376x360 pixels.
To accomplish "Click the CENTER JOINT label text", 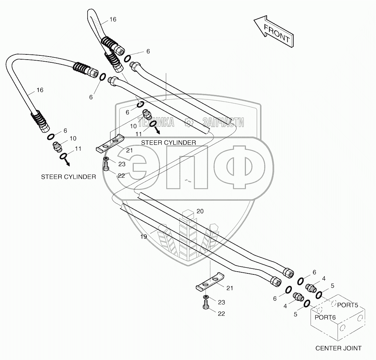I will coord(338,348).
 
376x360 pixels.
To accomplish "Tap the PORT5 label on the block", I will coord(347,305).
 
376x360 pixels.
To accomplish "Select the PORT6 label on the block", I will coord(325,317).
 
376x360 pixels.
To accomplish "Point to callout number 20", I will coord(200,211).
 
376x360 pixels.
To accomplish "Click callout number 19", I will coord(144,237).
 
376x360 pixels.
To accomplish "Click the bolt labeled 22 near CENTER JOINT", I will coord(205,307).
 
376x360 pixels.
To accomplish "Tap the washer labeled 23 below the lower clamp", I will coord(206,298).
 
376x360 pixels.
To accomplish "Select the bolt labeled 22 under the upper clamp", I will coord(106,168).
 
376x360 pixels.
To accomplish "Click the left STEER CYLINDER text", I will coord(69,177).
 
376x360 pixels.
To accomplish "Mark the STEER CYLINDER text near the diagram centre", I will coord(168,142).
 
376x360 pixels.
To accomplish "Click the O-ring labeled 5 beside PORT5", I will coord(319,294).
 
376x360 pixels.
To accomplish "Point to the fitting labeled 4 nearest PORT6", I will coord(297,297).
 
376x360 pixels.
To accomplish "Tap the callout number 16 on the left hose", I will coord(40,90).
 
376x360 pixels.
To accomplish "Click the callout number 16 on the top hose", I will coord(113,19).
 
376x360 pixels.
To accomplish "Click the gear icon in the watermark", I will coord(188,122).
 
